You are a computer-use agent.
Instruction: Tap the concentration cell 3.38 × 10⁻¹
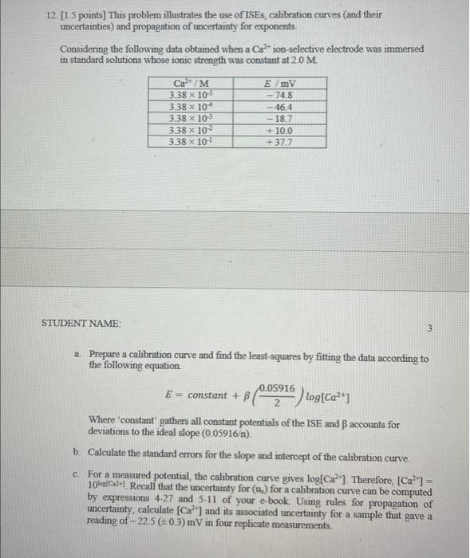point(190,142)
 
